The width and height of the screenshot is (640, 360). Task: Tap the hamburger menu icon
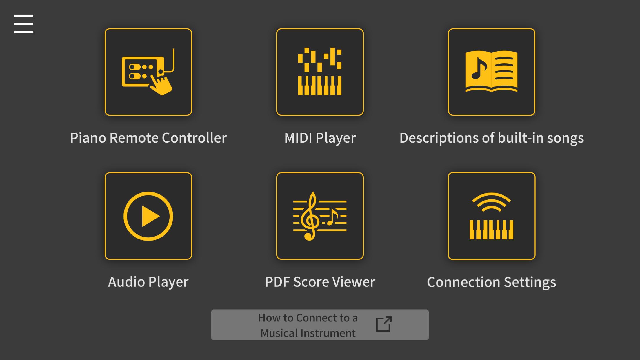pyautogui.click(x=24, y=23)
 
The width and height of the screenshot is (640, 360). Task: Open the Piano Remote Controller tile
pyautogui.click(x=148, y=72)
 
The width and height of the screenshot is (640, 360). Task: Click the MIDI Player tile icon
pyautogui.click(x=320, y=72)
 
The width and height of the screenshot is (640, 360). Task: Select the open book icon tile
pyautogui.click(x=491, y=72)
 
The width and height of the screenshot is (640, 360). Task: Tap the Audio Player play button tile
pyautogui.click(x=148, y=216)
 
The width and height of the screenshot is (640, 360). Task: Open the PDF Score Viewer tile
pyautogui.click(x=320, y=216)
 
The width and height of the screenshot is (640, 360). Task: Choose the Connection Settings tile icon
pyautogui.click(x=491, y=216)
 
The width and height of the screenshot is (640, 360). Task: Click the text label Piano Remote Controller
pyautogui.click(x=148, y=138)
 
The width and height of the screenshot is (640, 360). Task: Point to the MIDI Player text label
pyautogui.click(x=320, y=138)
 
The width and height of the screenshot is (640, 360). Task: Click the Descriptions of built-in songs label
pyautogui.click(x=492, y=138)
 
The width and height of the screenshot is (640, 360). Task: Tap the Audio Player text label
pyautogui.click(x=148, y=282)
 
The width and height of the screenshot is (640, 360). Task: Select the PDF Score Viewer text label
pyautogui.click(x=320, y=282)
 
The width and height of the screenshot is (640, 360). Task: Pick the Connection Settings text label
pyautogui.click(x=491, y=282)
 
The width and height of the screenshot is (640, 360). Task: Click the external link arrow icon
pyautogui.click(x=384, y=324)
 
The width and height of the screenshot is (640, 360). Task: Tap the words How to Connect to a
pyautogui.click(x=308, y=318)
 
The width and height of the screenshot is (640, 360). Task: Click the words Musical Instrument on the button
pyautogui.click(x=308, y=333)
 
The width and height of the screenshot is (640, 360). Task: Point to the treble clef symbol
pyautogui.click(x=310, y=216)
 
